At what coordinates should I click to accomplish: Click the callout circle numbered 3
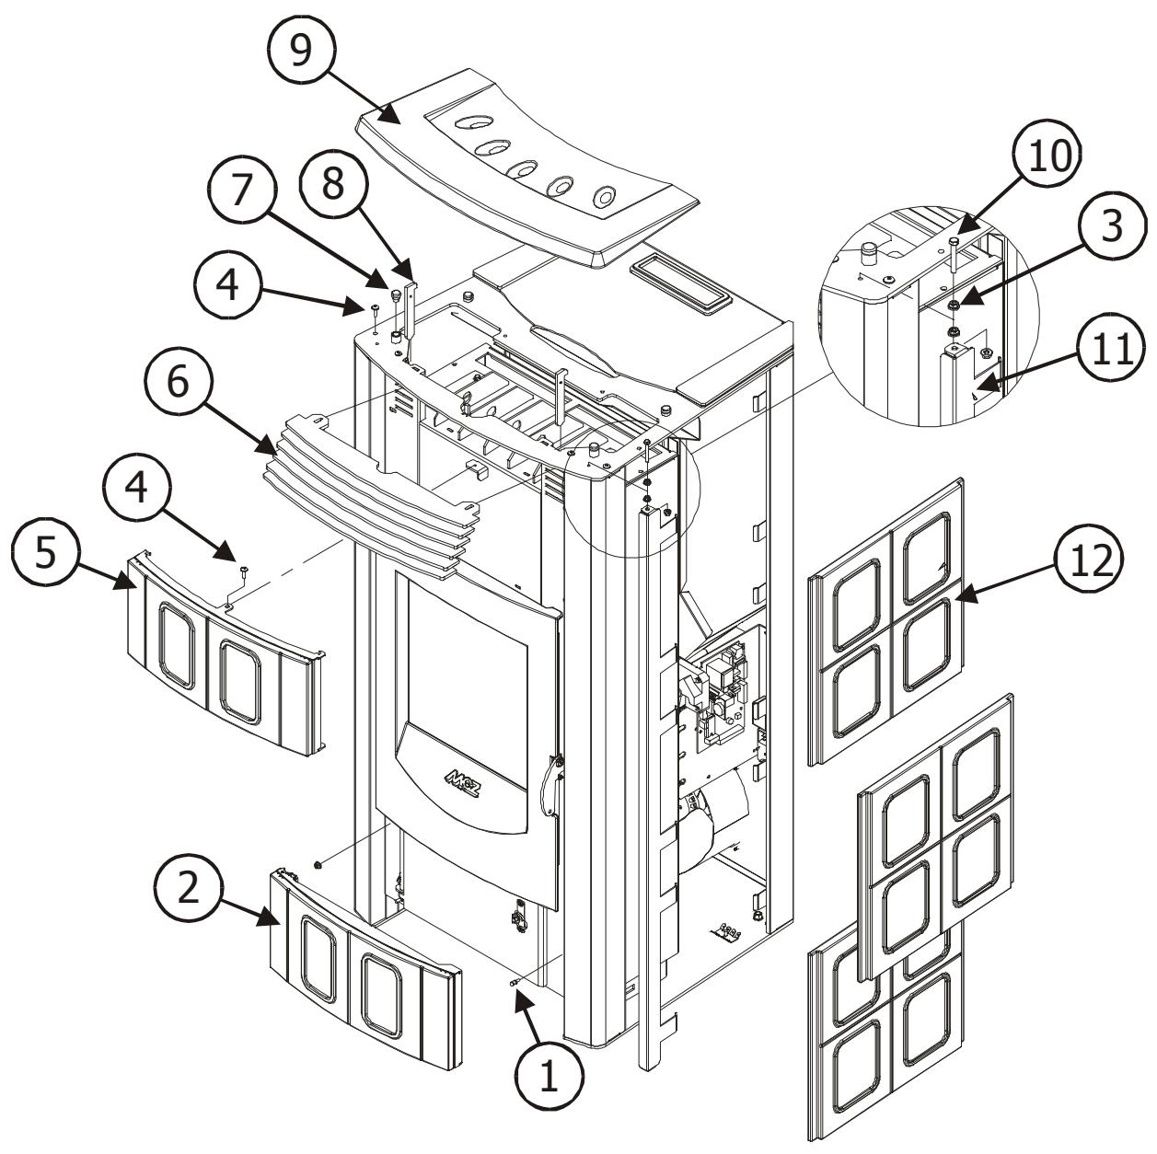point(1111,225)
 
